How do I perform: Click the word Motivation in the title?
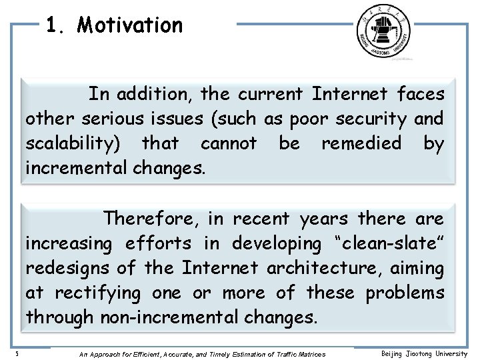click(x=129, y=25)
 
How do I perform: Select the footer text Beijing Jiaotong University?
click(x=424, y=354)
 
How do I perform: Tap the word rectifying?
click(x=97, y=293)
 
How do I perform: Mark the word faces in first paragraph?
click(x=421, y=94)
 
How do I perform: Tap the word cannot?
click(x=228, y=143)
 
